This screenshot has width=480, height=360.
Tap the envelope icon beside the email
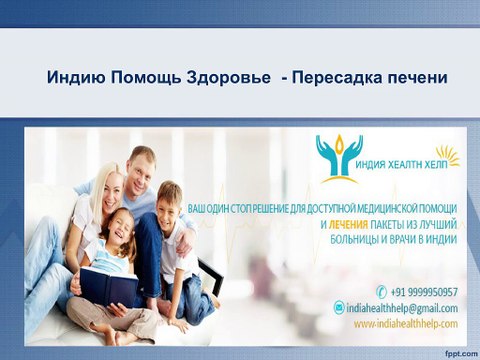pos(339,308)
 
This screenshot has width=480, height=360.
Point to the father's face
pos(142,168)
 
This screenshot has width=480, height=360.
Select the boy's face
pos(169,203)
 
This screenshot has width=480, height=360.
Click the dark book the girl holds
pos(111,287)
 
